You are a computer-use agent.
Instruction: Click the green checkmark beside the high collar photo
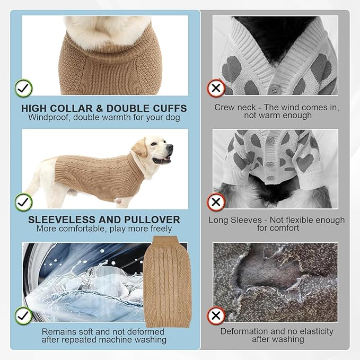click(x=23, y=88)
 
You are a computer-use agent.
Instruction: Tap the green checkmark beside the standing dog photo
click(x=23, y=202)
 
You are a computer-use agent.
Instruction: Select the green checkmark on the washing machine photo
click(x=23, y=315)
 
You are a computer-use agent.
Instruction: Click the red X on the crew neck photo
click(x=216, y=88)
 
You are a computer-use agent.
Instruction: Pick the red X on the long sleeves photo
click(x=216, y=202)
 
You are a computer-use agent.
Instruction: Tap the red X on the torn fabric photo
click(x=216, y=315)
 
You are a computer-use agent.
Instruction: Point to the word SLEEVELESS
click(x=62, y=219)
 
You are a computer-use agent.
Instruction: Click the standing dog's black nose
click(x=170, y=147)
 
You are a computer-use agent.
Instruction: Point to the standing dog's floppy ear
click(x=139, y=148)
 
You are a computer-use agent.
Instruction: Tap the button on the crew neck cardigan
click(x=274, y=89)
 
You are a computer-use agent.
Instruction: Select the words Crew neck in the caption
click(x=235, y=107)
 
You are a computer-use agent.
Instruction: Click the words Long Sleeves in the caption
click(x=235, y=220)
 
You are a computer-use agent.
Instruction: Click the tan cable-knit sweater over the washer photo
click(x=167, y=282)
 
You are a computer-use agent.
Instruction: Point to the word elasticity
click(x=317, y=331)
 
